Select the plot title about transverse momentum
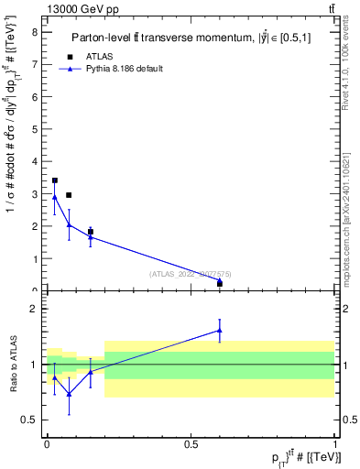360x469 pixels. point(192,38)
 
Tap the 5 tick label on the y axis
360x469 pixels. point(34,128)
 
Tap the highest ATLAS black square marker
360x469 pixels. point(55,180)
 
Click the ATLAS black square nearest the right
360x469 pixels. point(220,283)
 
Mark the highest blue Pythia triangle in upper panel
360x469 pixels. point(55,197)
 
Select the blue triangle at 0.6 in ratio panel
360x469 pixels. point(220,330)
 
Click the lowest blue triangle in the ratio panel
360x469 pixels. point(70,394)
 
